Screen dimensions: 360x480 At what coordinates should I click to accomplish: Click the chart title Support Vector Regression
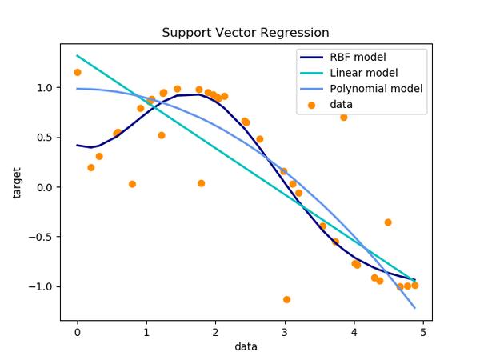pos(245,33)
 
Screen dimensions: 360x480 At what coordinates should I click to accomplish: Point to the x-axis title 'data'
pos(246,346)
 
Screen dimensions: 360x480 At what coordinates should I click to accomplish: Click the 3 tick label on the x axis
pos(285,330)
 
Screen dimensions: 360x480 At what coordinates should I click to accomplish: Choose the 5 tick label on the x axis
pos(423,330)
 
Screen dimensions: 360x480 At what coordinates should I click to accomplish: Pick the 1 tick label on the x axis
pos(146,330)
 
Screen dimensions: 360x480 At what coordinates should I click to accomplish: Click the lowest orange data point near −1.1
pos(286,299)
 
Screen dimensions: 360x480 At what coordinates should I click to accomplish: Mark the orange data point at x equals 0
pos(78,73)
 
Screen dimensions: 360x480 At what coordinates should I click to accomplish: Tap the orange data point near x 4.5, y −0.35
pos(388,222)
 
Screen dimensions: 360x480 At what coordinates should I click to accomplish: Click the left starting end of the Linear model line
pos(78,56)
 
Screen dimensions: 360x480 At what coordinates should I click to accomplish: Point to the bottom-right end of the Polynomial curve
pos(414,307)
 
